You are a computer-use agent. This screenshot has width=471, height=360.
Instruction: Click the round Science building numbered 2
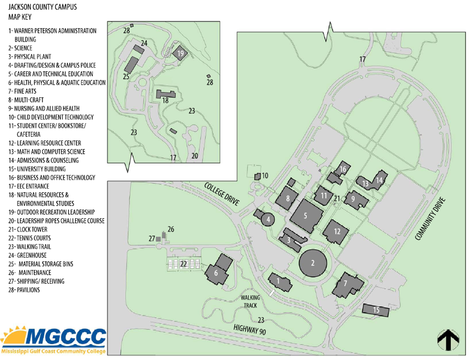point(312,263)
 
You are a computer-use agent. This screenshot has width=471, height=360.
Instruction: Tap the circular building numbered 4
point(268,219)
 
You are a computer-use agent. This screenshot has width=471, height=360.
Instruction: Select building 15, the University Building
point(376,310)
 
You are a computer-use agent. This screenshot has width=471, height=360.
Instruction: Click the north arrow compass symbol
point(448,340)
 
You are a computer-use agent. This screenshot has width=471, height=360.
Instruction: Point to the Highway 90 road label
point(250,330)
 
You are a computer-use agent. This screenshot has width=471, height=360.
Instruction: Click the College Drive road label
point(222,194)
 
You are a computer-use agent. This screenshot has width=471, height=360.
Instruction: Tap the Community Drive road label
point(430,219)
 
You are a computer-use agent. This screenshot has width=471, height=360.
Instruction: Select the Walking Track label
point(250,301)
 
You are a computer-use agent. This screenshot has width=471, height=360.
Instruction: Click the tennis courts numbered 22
point(183,265)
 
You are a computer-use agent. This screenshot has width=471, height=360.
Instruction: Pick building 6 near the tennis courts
point(217,271)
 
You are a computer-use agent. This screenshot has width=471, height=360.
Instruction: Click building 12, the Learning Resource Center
point(336,232)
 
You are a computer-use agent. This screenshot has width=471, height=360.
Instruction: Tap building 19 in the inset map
point(180,53)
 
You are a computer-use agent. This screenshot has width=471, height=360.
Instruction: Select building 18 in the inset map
point(166,94)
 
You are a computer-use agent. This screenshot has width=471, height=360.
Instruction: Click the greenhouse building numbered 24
point(138,49)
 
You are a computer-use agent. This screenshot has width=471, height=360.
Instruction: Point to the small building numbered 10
point(258,177)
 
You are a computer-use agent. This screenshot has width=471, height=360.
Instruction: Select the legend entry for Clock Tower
point(28,229)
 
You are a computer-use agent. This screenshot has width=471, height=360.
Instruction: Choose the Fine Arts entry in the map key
point(22,92)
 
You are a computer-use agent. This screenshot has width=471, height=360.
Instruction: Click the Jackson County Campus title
point(43,7)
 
